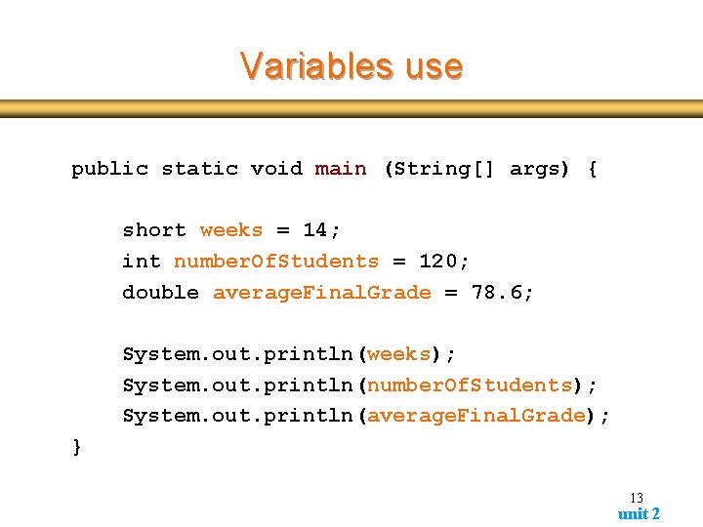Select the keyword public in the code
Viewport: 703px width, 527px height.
click(x=109, y=169)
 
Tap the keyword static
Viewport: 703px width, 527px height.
click(x=199, y=169)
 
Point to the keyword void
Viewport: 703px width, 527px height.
click(x=276, y=169)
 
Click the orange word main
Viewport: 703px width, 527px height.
click(x=341, y=169)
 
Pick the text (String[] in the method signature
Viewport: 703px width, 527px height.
click(x=438, y=169)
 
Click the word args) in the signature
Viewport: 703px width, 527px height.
click(x=540, y=169)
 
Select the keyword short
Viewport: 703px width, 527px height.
click(x=153, y=230)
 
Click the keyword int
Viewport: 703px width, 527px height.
click(x=142, y=262)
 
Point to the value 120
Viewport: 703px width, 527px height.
click(x=441, y=262)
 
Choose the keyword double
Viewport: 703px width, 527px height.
click(x=160, y=293)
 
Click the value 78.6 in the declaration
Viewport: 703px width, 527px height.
click(x=494, y=293)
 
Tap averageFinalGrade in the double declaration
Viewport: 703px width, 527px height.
click(x=321, y=293)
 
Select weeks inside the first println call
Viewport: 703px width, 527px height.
click(x=398, y=354)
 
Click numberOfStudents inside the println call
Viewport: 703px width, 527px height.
click(x=469, y=385)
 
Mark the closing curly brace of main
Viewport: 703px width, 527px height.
click(x=77, y=447)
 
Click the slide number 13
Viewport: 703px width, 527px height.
click(x=636, y=498)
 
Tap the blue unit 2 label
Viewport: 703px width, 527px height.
click(x=639, y=513)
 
